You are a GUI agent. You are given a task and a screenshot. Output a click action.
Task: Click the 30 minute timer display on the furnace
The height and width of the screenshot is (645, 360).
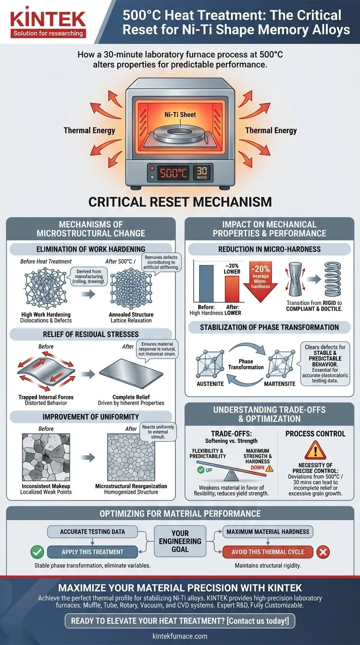pyautogui.click(x=202, y=173)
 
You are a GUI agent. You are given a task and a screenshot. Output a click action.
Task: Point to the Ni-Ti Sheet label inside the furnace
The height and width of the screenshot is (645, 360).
pyautogui.click(x=180, y=114)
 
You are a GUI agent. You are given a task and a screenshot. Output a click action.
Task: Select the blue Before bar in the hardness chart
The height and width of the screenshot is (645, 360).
pyautogui.click(x=206, y=283)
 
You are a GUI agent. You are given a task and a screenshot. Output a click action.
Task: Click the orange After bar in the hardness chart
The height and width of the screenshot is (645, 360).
pyautogui.click(x=232, y=289)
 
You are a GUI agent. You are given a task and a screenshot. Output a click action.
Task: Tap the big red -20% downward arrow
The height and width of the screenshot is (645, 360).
pyautogui.click(x=260, y=281)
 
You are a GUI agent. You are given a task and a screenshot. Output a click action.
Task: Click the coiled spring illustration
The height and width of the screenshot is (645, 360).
pyautogui.click(x=333, y=279)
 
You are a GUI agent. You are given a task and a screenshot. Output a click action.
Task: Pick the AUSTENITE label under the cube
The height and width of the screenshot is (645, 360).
pyautogui.click(x=210, y=384)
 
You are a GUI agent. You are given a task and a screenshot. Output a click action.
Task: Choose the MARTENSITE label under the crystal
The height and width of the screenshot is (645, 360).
pyautogui.click(x=280, y=384)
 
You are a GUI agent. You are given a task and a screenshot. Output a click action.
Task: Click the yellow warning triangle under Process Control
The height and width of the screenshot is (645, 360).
pyautogui.click(x=315, y=450)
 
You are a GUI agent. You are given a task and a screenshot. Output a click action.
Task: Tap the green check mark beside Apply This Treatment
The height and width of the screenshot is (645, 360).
pyautogui.click(x=37, y=552)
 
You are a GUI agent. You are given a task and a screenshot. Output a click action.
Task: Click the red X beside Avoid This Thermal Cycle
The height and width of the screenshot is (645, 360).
pyautogui.click(x=323, y=552)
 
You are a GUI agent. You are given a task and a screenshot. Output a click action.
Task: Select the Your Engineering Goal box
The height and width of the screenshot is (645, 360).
pyautogui.click(x=180, y=541)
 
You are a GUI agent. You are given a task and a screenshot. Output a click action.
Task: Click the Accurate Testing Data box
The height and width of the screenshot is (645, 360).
pyautogui.click(x=92, y=532)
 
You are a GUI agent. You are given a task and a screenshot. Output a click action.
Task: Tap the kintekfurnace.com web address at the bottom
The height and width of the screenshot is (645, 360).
pyautogui.click(x=180, y=636)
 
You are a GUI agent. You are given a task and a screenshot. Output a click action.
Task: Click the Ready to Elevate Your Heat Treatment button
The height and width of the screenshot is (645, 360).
pyautogui.click(x=180, y=621)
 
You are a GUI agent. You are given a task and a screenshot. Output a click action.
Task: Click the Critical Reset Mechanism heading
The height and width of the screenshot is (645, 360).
pyautogui.click(x=180, y=202)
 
